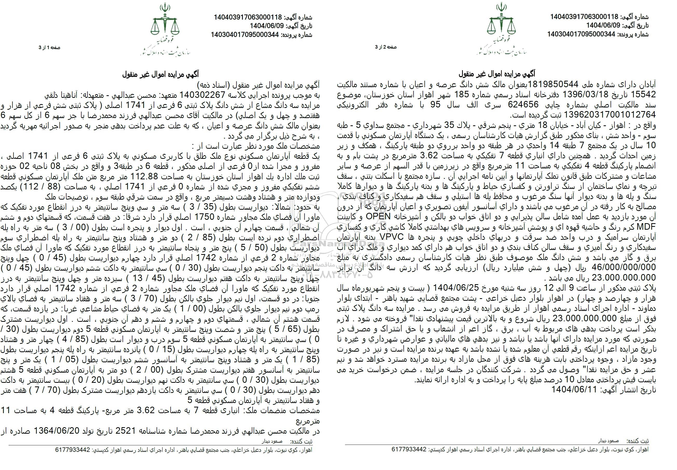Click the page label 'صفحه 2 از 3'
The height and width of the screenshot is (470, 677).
pyautogui.click(x=386, y=47)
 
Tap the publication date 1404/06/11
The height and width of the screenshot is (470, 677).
pyautogui.click(x=573, y=390)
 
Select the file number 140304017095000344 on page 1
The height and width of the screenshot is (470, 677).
pyautogui.click(x=245, y=35)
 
